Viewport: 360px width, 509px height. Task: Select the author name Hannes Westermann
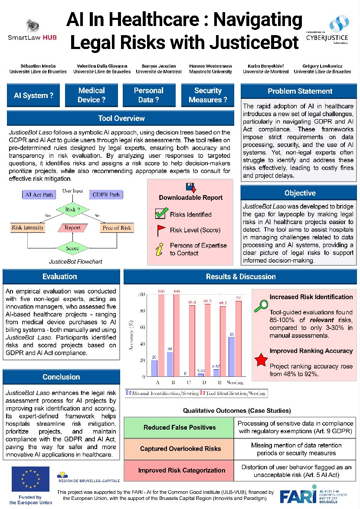tap(206, 69)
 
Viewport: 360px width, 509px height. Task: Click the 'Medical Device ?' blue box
tap(92, 95)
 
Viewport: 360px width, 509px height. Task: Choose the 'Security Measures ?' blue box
tap(208, 95)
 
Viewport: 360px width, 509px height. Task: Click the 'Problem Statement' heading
tap(300, 91)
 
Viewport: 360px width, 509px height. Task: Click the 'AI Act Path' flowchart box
tap(39, 195)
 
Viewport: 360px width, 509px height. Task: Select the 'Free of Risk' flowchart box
tap(117, 228)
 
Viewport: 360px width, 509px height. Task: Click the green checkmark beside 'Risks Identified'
tap(161, 214)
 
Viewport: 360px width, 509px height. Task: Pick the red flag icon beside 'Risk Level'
tap(161, 230)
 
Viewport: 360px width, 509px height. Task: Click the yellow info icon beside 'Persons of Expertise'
tap(160, 249)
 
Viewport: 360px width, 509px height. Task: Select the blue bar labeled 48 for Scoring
tap(232, 357)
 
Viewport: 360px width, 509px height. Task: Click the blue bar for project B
tap(170, 365)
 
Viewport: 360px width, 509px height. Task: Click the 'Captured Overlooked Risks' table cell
tap(180, 449)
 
